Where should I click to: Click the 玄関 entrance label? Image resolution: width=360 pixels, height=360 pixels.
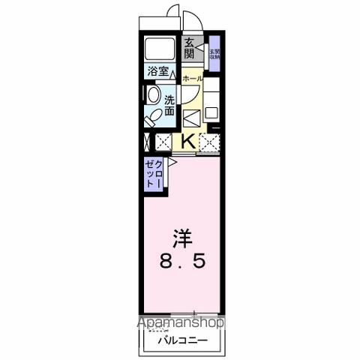189,49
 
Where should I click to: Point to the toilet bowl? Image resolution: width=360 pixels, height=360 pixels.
152,116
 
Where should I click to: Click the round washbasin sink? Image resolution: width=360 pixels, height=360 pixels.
154,95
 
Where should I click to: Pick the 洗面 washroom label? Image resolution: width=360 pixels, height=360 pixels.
169,106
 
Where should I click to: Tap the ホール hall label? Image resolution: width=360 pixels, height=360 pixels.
191,77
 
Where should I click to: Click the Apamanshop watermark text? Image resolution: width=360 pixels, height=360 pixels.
179,323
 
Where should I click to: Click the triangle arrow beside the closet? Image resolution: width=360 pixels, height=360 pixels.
172,160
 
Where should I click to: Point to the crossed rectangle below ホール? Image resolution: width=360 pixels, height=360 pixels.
191,117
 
